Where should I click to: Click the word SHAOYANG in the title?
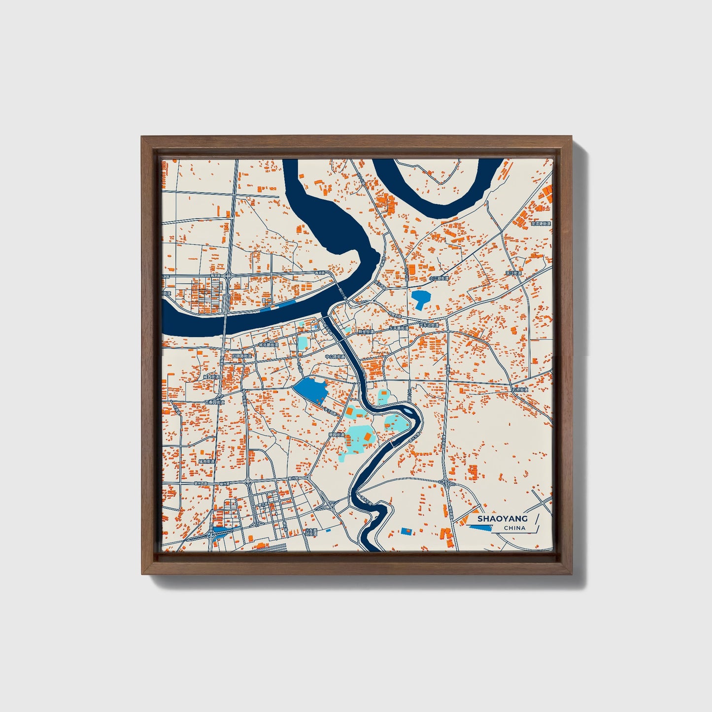[x=502, y=518]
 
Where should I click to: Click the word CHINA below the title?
[x=514, y=528]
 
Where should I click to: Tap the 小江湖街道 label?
[x=439, y=278]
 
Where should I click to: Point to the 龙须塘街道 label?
[x=541, y=223]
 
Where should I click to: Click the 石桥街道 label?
[x=519, y=390]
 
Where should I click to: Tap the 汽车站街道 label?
[x=429, y=326]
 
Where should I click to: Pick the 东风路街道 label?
[x=398, y=327]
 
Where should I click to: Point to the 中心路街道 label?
[x=335, y=356]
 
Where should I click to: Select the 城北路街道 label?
[x=269, y=345]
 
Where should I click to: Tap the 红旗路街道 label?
[x=242, y=356]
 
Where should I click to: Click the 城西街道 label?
[x=211, y=377]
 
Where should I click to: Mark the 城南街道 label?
[x=206, y=461]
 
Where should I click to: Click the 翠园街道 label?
[x=336, y=435]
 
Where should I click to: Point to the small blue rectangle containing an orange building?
[x=407, y=531]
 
